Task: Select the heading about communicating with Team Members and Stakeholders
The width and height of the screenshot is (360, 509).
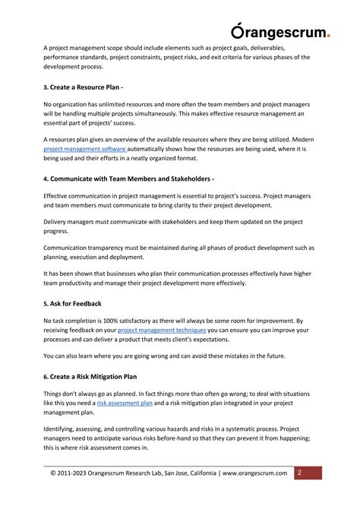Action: coord(128,179)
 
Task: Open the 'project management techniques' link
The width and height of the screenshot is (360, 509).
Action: coord(162,330)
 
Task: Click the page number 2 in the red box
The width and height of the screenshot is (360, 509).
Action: coord(300,473)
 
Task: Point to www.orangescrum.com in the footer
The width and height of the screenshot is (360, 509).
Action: coord(256,473)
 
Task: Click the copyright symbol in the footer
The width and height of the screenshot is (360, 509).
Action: coord(54,473)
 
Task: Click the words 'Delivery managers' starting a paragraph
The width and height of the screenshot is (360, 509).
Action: coord(70,222)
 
